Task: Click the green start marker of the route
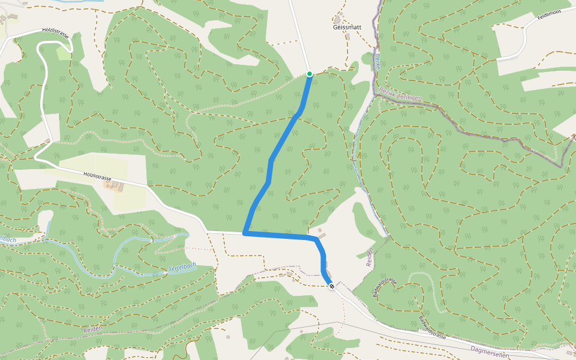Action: pyautogui.click(x=310, y=74)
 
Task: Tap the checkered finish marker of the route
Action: pyautogui.click(x=331, y=286)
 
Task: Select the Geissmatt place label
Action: pyautogui.click(x=347, y=27)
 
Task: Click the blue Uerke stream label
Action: pyautogui.click(x=377, y=61)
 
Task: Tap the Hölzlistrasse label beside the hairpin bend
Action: pyautogui.click(x=56, y=33)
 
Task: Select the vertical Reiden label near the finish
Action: pyautogui.click(x=369, y=257)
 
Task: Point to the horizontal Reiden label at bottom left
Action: pyautogui.click(x=94, y=329)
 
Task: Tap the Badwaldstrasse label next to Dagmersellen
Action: pyautogui.click(x=433, y=328)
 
